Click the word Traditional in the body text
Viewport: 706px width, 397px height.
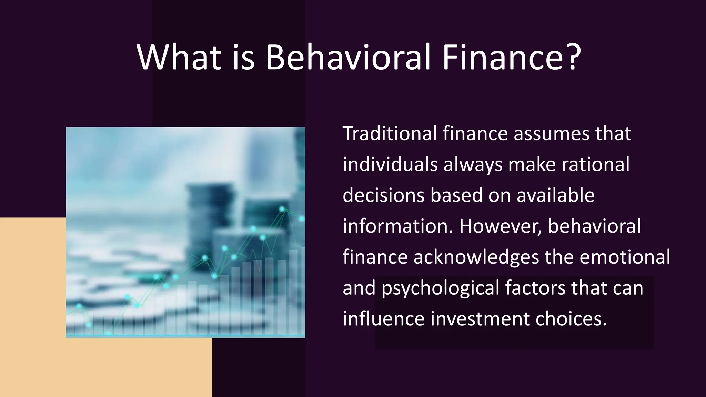(390, 134)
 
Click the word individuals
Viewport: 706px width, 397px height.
(390, 164)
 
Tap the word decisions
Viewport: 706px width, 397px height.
(383, 195)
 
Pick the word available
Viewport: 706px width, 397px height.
(555, 195)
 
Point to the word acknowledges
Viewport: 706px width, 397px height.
(476, 257)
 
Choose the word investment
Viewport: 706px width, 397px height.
(480, 319)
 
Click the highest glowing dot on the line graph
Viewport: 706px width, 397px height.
(282, 209)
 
